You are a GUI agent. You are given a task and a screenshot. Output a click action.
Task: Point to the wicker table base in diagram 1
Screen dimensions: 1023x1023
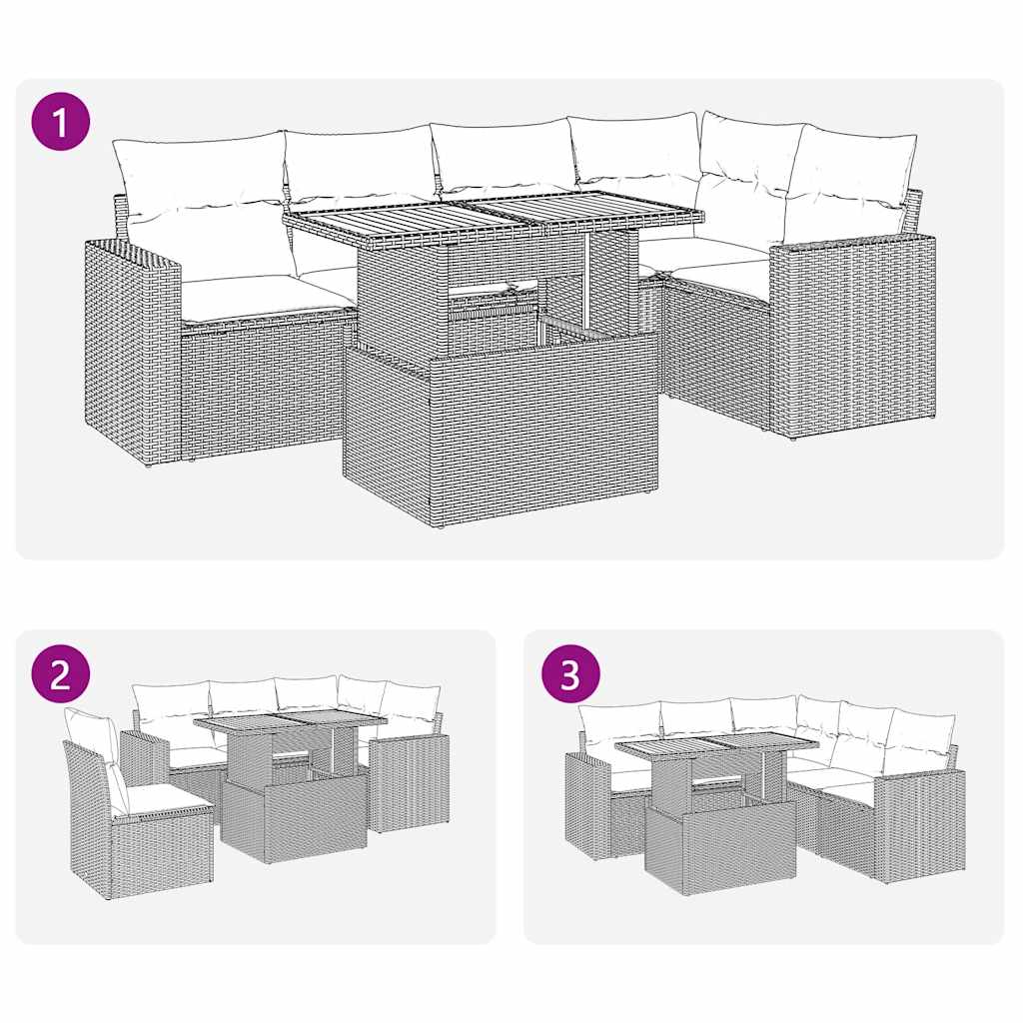click(500, 430)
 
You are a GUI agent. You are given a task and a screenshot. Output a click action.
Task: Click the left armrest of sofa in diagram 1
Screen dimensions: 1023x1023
click(132, 350)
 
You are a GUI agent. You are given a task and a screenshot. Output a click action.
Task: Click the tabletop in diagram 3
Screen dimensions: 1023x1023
click(714, 744)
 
